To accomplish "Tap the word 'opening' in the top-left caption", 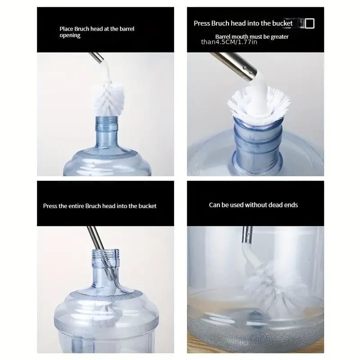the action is point(70,36).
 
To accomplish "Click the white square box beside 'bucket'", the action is point(310,23).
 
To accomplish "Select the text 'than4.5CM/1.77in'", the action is point(229,42).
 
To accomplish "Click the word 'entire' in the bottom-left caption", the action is point(76,206).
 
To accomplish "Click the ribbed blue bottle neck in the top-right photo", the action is point(257,144).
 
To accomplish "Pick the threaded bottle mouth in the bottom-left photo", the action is point(106,256).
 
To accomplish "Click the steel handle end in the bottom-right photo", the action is point(247,235).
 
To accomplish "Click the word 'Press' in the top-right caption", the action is point(202,23).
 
